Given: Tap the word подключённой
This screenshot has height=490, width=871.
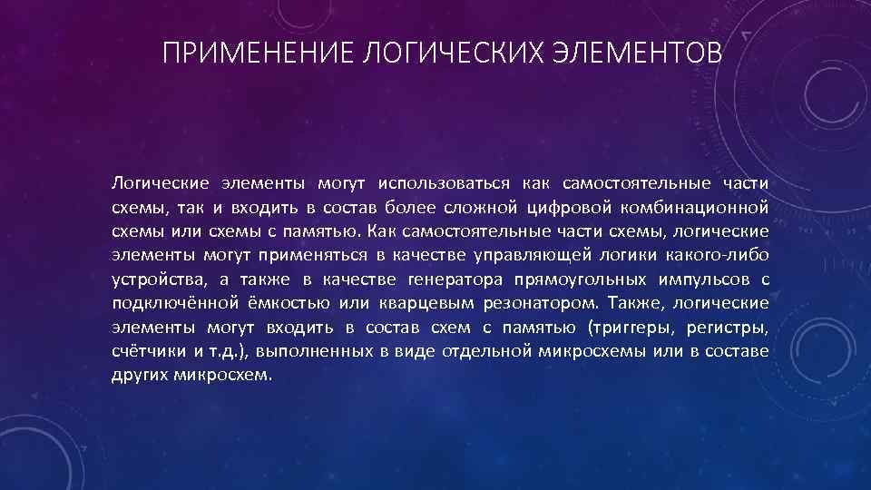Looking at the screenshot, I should [170, 303].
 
